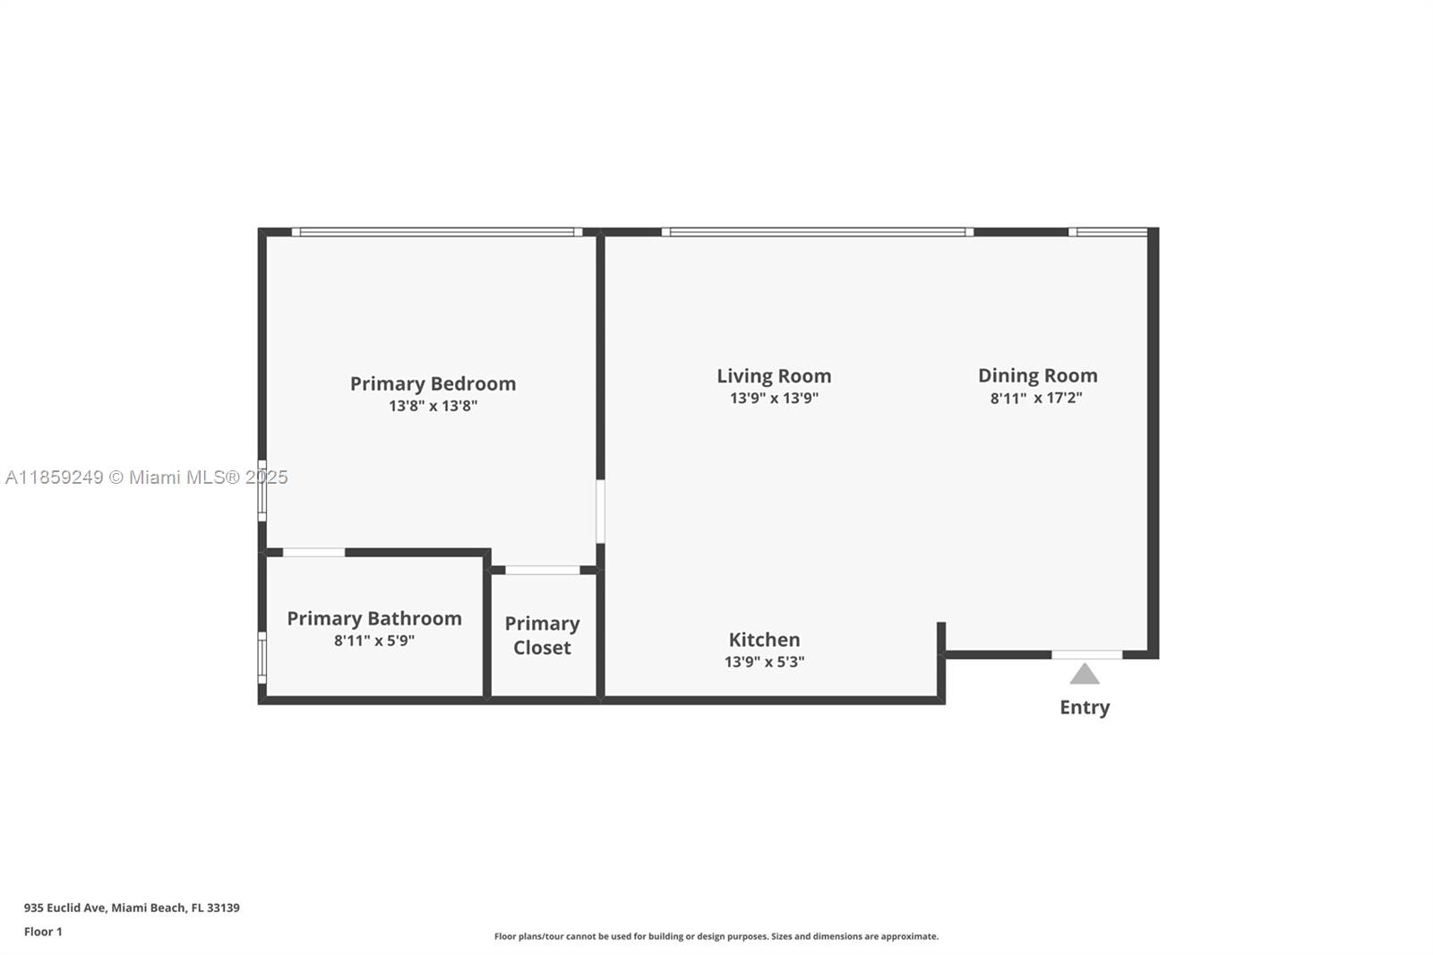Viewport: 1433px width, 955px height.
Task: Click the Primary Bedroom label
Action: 433,383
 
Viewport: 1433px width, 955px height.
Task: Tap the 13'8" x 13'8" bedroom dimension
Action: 433,406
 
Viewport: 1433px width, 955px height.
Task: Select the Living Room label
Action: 774,375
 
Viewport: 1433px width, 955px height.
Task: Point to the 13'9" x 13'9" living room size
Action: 774,398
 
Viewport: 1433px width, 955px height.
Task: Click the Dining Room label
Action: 1038,375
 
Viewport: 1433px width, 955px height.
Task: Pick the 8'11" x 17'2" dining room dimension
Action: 1036,398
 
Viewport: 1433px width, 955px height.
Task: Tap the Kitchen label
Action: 764,640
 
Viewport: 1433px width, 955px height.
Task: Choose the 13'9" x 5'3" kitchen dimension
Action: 764,662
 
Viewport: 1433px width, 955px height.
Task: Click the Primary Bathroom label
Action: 373,618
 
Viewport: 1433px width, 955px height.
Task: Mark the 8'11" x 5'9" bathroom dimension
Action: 373,641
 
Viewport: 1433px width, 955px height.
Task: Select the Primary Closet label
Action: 542,635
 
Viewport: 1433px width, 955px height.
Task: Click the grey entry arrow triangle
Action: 1085,674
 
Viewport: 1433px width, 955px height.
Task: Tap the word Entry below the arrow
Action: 1085,707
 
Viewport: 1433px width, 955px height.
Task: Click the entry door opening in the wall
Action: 1087,654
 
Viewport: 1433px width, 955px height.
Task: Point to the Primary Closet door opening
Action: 543,570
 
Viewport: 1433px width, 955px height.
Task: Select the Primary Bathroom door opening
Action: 313,553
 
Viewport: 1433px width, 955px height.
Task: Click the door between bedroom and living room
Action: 600,512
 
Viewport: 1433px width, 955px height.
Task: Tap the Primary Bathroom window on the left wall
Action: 262,658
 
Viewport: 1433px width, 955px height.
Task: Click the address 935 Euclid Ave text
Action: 132,908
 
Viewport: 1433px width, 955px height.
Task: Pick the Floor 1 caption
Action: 43,932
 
